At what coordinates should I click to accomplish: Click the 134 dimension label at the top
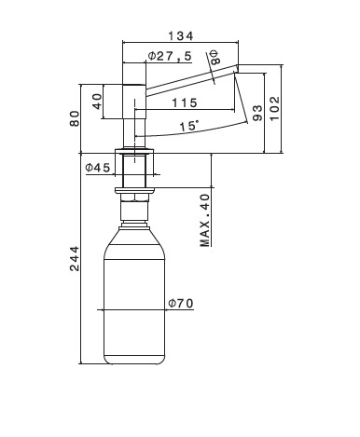click(181, 36)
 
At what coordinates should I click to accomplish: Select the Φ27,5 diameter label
click(170, 57)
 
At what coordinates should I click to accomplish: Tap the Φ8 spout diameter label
click(215, 57)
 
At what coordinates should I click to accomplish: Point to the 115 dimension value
click(185, 102)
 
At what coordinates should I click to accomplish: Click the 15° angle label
click(189, 126)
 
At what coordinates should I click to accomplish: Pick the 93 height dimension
click(257, 113)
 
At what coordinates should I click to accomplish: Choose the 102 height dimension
click(274, 108)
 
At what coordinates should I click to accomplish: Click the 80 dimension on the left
click(75, 118)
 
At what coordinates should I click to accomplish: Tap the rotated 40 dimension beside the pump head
click(97, 102)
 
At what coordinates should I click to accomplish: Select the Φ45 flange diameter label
click(98, 168)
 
